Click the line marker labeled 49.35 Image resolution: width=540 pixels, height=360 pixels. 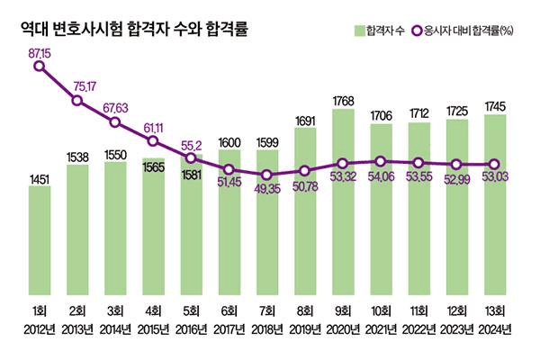coord(267,175)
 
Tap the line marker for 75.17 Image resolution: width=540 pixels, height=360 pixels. coord(77,100)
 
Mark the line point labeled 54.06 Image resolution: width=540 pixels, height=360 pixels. coord(382,162)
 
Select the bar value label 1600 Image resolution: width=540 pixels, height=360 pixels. coord(229,142)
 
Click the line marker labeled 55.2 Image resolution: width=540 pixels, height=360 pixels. coord(192,157)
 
